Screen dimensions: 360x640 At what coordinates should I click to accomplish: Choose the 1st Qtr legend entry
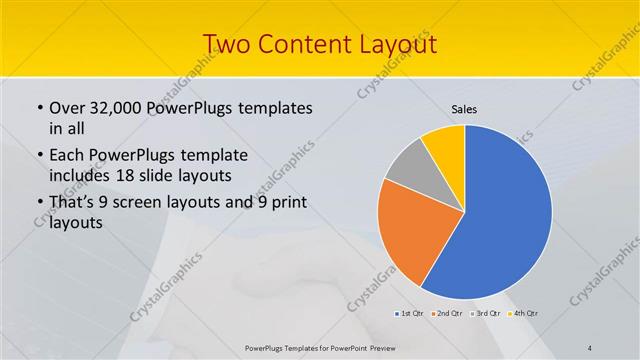coord(410,314)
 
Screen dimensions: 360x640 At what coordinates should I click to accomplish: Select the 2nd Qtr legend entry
coord(446,314)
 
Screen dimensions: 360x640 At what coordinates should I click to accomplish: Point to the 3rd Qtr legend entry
coord(485,314)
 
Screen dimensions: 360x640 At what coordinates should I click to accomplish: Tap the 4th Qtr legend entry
coord(523,314)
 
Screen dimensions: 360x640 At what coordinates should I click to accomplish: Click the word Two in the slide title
coord(228,44)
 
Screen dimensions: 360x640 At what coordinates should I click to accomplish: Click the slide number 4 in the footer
coord(590,347)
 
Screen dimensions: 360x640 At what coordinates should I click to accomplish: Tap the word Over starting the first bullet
coord(69,108)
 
